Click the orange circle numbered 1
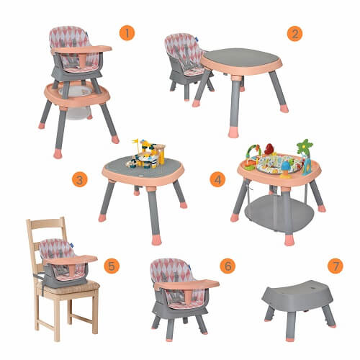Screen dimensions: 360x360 pos(127,33)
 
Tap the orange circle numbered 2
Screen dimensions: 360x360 pos(294,34)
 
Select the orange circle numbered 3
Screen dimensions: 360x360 pos(80,180)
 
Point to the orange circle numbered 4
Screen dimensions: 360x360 pos(217,179)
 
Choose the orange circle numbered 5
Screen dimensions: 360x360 pos(112,266)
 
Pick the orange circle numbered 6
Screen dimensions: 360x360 pos(228,266)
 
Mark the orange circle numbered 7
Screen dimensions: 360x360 pos(336,266)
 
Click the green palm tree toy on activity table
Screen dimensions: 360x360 pos(305,147)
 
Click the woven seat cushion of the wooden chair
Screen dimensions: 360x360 pos(68,287)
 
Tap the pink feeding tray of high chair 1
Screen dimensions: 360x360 pos(81,49)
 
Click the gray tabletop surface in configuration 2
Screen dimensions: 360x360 pos(240,58)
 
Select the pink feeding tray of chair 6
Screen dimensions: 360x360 pos(186,284)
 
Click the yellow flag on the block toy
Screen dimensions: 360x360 pos(135,141)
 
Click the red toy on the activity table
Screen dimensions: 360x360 pos(269,149)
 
